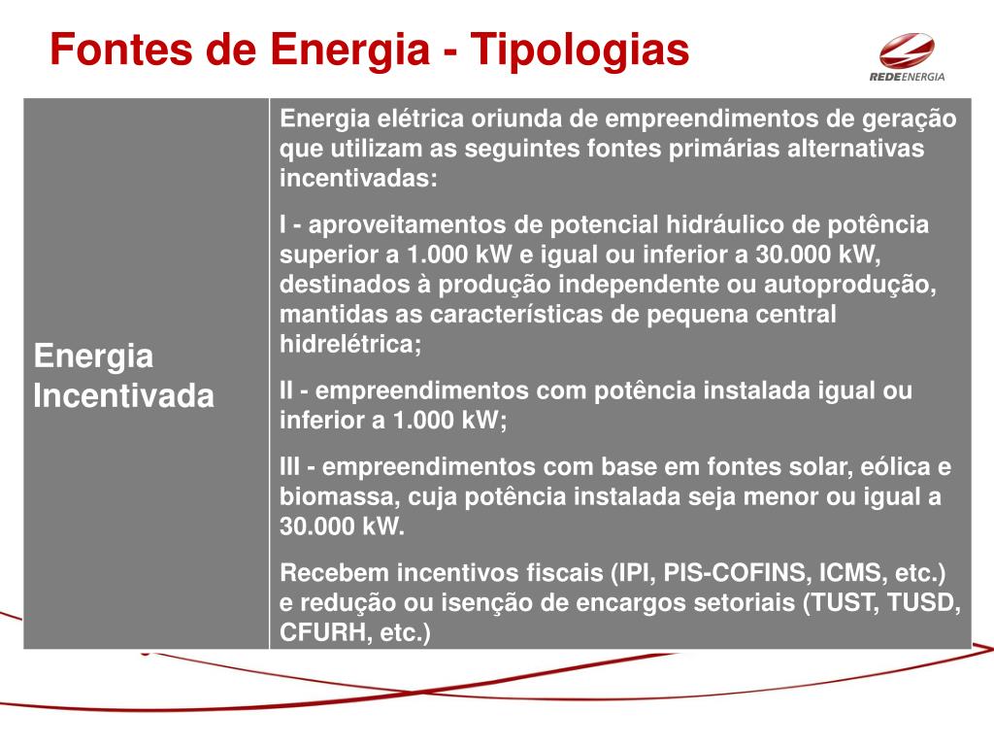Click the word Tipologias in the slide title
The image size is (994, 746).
pyautogui.click(x=580, y=51)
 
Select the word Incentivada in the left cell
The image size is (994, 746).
pyautogui.click(x=123, y=396)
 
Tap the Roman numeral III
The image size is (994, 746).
pyautogui.click(x=290, y=466)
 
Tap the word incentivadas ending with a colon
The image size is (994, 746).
pyautogui.click(x=358, y=181)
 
